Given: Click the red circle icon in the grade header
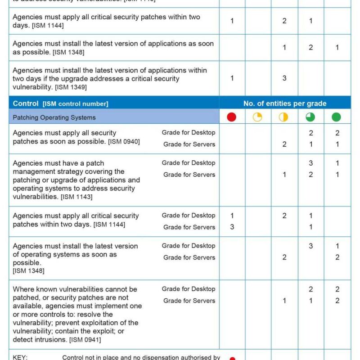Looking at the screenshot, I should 231,117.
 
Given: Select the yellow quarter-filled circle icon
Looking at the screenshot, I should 257,117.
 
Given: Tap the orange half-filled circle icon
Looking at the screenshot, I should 283,117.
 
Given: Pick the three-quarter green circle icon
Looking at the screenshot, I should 310,117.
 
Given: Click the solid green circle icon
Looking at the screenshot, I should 337,117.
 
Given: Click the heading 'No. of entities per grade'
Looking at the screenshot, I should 285,103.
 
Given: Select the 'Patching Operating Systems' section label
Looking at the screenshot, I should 54,117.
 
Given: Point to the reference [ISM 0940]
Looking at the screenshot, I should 124,142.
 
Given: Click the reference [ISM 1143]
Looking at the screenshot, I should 76,197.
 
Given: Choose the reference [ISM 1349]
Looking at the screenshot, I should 71,87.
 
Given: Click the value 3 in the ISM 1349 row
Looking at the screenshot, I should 284,78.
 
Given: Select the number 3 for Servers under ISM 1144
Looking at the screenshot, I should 232,227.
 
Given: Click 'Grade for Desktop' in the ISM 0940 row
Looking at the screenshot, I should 189,132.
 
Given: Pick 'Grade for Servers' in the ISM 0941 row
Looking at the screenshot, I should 189,301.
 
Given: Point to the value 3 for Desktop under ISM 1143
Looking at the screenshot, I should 310,163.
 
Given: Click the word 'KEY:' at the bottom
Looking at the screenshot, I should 20,357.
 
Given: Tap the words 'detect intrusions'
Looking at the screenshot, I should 37,340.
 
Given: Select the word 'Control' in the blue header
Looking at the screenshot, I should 26,103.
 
